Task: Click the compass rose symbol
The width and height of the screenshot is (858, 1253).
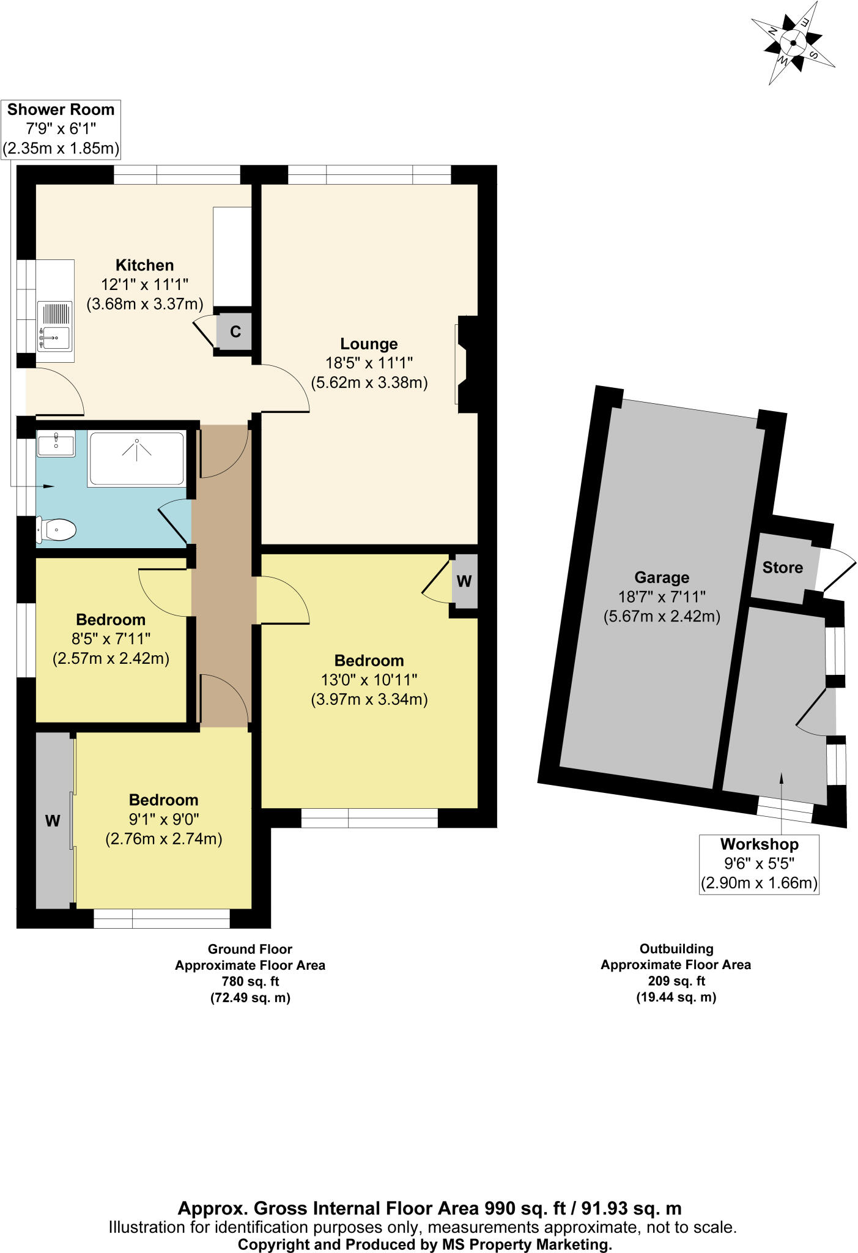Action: tap(793, 43)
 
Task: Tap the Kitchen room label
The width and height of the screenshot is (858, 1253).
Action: tap(145, 265)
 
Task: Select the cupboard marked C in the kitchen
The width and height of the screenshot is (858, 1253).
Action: tap(235, 331)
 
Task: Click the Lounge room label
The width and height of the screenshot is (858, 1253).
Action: tap(369, 344)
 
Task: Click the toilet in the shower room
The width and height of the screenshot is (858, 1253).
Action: tap(56, 529)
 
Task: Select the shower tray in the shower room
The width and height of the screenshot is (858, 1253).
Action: tap(136, 458)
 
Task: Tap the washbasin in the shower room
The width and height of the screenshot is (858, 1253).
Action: tap(56, 443)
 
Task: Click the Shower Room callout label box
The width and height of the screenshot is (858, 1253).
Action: tap(61, 129)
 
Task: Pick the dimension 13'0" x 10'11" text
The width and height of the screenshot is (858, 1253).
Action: tap(369, 680)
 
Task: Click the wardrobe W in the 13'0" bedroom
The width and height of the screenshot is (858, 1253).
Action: tap(464, 581)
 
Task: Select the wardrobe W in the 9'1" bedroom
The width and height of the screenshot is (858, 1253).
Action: tap(53, 820)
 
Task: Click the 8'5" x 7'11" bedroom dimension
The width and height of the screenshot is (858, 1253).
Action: tap(111, 639)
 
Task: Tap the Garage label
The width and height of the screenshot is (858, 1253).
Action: tap(662, 577)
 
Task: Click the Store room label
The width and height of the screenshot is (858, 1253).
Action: tap(782, 567)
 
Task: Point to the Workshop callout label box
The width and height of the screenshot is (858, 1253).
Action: tap(759, 864)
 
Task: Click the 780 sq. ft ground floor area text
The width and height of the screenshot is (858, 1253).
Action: tap(250, 981)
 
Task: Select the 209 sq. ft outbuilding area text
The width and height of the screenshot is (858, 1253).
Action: tap(676, 981)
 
